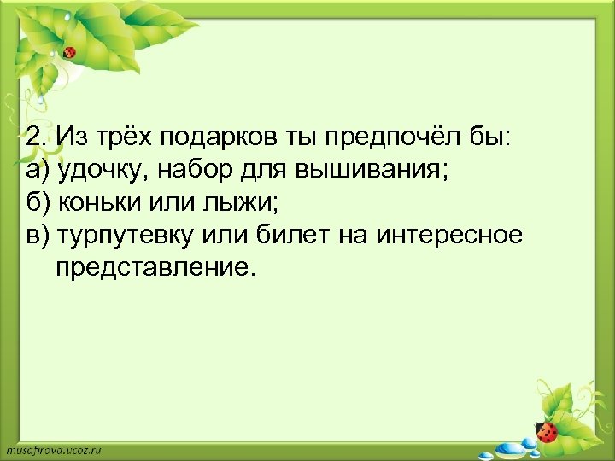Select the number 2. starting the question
[34, 137]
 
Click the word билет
[290, 236]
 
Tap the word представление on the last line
[155, 268]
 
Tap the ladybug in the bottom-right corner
[548, 430]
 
